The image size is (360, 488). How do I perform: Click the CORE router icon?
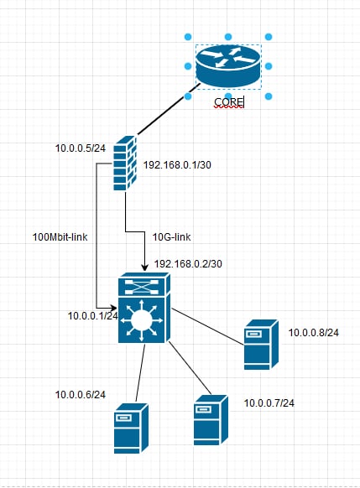(x=228, y=66)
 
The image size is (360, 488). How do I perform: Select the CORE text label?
(x=229, y=101)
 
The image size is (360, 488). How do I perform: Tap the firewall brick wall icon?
(x=125, y=163)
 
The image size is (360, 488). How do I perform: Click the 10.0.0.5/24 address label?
(x=81, y=148)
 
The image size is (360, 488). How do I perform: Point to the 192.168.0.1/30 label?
(x=177, y=165)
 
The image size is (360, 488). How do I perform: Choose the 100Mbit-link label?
(x=60, y=237)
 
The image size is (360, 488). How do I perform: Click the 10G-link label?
(x=171, y=237)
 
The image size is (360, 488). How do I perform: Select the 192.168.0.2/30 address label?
(x=188, y=264)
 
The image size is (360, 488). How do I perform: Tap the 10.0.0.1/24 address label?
(x=93, y=316)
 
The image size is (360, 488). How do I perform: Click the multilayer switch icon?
(x=144, y=308)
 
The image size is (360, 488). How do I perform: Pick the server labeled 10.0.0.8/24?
(x=261, y=345)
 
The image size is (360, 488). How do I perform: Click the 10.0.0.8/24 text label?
(x=314, y=333)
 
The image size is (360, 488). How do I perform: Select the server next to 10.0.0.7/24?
(x=211, y=420)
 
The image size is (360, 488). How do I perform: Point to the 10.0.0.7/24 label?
(x=269, y=403)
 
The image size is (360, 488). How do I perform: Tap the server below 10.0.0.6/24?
(x=131, y=428)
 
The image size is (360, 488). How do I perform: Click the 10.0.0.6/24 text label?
(x=81, y=395)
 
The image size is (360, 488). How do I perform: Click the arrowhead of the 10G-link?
(x=145, y=267)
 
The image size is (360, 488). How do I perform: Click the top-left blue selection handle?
(x=188, y=37)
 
